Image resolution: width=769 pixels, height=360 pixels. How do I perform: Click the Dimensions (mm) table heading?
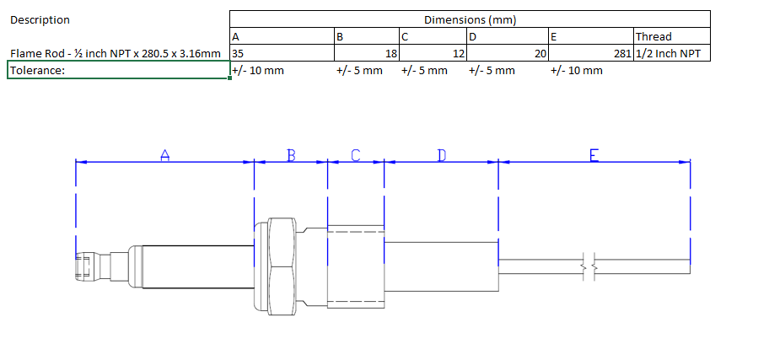pos(470,19)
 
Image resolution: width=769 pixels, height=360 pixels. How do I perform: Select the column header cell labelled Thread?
pos(653,36)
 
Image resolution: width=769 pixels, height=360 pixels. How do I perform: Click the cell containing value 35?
pos(239,53)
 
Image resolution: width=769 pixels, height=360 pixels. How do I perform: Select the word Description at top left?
pos(40,19)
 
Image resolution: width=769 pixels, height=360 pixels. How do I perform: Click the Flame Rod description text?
pos(116,53)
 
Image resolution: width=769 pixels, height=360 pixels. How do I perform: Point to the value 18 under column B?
pos(391,53)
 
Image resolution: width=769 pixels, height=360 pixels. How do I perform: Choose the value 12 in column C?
pos(460,53)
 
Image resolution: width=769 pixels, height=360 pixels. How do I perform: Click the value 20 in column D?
pos(541,53)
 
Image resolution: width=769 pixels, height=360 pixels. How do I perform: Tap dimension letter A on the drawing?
pos(165,155)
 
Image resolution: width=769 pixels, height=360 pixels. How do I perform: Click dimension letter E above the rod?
pos(594,155)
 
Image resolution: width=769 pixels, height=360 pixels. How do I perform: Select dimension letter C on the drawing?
pos(356,155)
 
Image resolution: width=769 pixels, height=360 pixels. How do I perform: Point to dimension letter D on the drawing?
pos(441,155)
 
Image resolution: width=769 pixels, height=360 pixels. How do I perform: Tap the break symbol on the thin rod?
pos(591,266)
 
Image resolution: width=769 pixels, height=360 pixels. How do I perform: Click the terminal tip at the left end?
pos(85,266)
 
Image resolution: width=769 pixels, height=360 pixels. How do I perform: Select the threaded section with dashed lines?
pos(355,266)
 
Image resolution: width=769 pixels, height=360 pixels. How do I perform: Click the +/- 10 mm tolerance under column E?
pos(577,70)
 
